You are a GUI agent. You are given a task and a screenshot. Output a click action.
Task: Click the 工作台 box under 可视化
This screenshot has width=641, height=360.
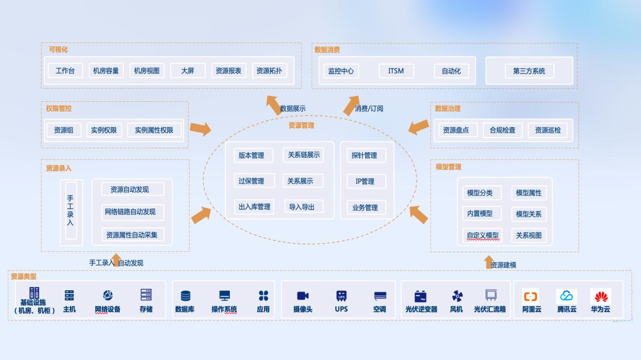click(65, 71)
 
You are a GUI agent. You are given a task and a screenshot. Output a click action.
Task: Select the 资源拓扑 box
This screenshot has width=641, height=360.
click(269, 71)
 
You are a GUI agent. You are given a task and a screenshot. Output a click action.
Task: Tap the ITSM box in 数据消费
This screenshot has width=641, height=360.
click(396, 71)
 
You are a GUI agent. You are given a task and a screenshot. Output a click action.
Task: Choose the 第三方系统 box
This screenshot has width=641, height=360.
click(529, 71)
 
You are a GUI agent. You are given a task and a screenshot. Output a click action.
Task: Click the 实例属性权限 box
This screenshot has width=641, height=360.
click(154, 130)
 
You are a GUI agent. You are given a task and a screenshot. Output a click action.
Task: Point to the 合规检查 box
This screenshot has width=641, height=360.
click(502, 130)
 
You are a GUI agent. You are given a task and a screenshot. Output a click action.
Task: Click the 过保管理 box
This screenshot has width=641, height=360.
click(251, 181)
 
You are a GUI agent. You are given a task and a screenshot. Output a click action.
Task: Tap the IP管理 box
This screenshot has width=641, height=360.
click(365, 181)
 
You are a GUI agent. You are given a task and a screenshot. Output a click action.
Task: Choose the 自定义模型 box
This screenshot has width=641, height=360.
click(482, 235)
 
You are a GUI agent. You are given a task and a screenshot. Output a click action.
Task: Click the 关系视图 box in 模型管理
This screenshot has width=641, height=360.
click(528, 235)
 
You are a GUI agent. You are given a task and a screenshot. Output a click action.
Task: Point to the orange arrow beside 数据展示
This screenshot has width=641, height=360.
click(274, 104)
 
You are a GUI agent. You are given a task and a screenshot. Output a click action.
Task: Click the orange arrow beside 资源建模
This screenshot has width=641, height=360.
click(488, 262)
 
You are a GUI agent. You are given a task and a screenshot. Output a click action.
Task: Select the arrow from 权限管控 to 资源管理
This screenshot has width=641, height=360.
click(200, 128)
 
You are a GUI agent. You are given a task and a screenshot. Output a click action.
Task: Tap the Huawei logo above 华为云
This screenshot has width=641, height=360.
click(600, 296)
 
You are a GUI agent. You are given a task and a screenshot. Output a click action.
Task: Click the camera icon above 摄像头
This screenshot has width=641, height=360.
click(303, 296)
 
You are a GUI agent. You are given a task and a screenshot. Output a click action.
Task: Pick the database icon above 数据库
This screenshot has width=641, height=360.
click(185, 296)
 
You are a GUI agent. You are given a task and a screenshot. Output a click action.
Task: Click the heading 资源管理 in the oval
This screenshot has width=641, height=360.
click(301, 125)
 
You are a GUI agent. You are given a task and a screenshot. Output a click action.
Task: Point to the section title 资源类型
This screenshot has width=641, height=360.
click(24, 276)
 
